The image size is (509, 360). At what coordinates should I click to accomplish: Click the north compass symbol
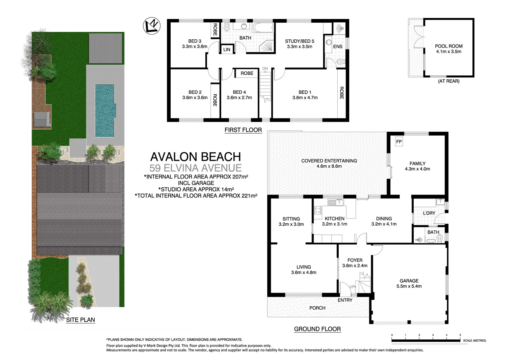[x=151, y=26]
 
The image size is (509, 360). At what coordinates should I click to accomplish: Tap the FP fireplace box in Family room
[x=399, y=142]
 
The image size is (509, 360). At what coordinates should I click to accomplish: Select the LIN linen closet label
[x=227, y=50]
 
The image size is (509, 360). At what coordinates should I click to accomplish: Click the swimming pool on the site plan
[x=104, y=110]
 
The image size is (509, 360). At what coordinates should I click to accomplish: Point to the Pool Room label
[x=449, y=46]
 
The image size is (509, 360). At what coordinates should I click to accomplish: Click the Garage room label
[x=409, y=281]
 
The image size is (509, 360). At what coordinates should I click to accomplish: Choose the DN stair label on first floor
[x=265, y=69]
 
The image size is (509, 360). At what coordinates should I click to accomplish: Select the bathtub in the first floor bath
[x=263, y=27]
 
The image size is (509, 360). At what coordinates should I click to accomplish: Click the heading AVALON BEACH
[x=195, y=157]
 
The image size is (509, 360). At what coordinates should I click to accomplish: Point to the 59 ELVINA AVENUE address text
[x=195, y=168]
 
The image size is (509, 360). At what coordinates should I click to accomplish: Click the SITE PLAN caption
[x=80, y=320]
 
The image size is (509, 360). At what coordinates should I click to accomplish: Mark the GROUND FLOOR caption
[x=317, y=329]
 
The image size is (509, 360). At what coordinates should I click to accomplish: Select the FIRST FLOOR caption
[x=243, y=130]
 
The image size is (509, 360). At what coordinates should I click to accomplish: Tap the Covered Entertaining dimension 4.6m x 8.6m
[x=329, y=166]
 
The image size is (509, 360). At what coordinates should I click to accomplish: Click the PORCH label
[x=317, y=308]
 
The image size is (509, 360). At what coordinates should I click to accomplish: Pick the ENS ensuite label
[x=338, y=46]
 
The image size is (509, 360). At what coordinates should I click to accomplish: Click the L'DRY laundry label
[x=429, y=213]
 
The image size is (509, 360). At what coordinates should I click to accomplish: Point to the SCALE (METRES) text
[x=474, y=340]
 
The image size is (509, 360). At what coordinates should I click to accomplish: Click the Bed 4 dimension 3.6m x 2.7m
[x=239, y=98]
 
